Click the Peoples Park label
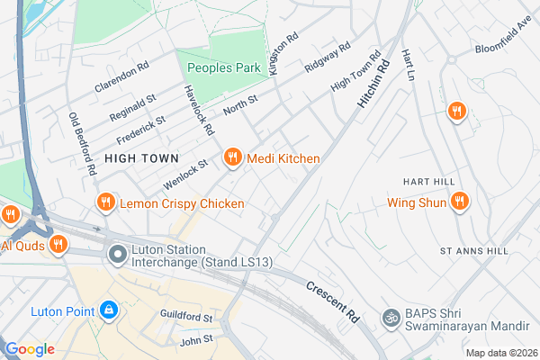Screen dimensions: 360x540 [x=223, y=68]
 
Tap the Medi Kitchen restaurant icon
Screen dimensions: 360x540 [x=232, y=157]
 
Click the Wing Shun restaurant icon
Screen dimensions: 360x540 [x=460, y=202]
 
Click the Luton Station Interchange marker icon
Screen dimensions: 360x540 [x=116, y=256]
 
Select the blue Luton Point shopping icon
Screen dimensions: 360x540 [x=109, y=310]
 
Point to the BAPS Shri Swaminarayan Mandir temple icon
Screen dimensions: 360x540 [x=391, y=317]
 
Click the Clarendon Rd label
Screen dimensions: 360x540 [x=119, y=77]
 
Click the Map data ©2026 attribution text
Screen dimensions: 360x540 [x=500, y=352]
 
